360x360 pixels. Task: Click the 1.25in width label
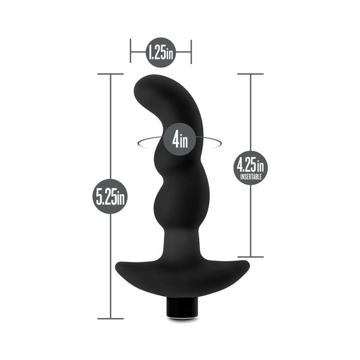160,53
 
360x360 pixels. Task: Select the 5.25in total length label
111,196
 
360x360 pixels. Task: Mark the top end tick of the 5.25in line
111,74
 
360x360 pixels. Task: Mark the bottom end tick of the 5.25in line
111,319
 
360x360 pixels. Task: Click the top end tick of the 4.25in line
250,74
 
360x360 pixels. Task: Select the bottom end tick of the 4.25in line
250,257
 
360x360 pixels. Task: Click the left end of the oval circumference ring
139,142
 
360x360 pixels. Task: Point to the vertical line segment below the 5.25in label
111,264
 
